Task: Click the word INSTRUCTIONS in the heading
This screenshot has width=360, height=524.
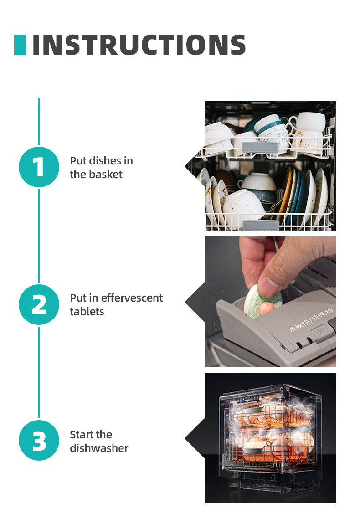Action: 139,45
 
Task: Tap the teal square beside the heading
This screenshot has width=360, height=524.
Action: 20,45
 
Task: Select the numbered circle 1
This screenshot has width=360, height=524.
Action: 39,167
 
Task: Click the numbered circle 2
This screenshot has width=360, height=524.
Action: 39,304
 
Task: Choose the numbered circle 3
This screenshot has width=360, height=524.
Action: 39,441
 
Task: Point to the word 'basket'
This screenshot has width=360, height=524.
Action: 106,175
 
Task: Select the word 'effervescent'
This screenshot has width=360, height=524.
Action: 132,298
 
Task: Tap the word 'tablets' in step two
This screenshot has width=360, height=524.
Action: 87,312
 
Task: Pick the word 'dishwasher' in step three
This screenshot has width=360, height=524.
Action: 99,448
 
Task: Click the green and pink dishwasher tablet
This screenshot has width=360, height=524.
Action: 262,301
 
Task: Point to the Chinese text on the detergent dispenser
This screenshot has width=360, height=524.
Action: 310,320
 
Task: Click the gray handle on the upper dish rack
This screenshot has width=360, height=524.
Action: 260,147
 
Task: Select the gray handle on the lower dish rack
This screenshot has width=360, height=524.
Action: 261,225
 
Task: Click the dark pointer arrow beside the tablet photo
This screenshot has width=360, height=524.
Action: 195,302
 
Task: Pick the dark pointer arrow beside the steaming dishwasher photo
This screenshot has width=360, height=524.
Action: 195,438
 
